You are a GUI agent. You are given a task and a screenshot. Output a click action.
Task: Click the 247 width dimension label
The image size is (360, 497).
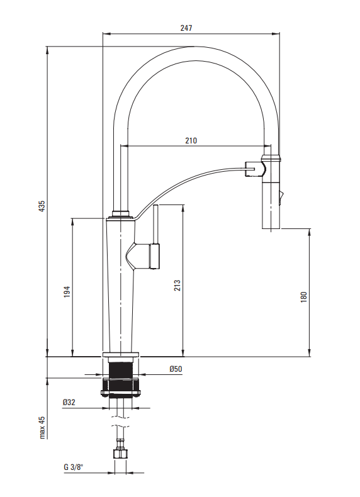click(186, 28)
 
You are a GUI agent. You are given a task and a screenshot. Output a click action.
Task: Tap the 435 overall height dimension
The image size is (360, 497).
click(42, 206)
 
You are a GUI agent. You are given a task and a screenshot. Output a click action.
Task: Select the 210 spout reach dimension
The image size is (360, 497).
click(191, 140)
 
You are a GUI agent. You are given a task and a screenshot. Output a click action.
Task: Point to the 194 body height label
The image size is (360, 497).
click(67, 292)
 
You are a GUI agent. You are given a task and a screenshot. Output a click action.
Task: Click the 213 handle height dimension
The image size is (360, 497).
click(177, 285)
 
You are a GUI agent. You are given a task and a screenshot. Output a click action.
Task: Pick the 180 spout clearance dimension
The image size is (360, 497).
click(303, 297)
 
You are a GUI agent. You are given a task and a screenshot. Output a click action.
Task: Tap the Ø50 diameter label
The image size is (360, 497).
click(176, 369)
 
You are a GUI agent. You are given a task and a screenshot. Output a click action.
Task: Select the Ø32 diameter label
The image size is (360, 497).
click(69, 402)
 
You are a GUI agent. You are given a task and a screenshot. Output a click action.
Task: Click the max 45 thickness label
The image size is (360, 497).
click(42, 428)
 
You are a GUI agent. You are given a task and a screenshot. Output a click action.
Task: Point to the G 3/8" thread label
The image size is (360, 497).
click(73, 467)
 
